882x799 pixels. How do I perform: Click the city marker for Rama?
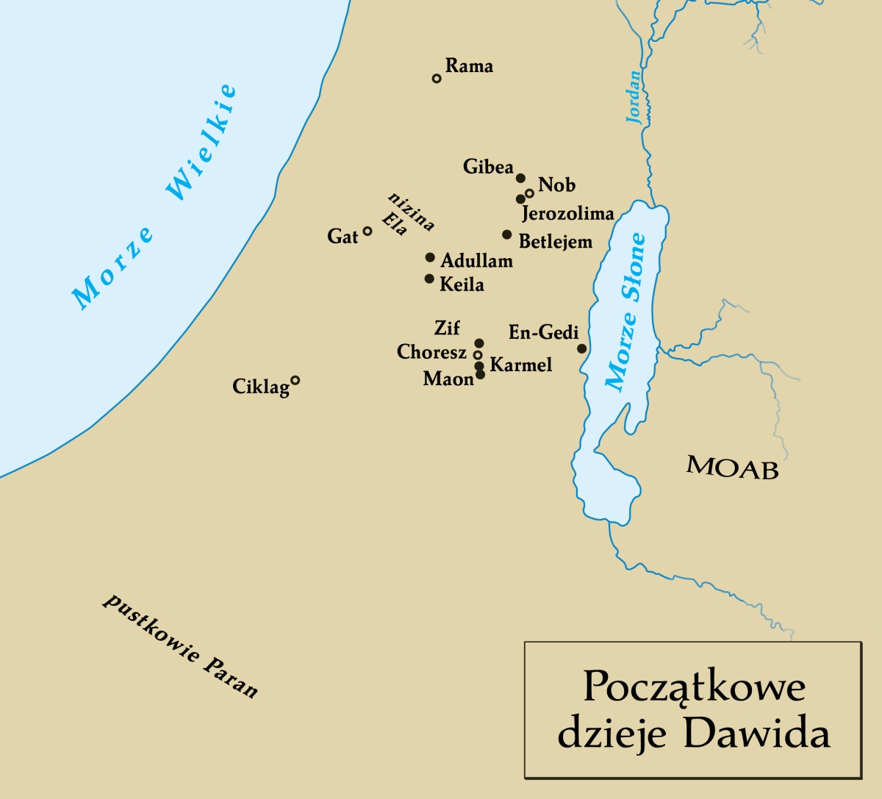click(437, 78)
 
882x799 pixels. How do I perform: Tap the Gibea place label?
click(488, 168)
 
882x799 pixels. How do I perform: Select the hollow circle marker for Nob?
click(529, 193)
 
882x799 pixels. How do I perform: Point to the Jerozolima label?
click(567, 214)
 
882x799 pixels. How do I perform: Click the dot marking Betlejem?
click(506, 234)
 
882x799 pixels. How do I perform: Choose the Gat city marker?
click(367, 231)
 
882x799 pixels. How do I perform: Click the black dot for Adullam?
click(430, 257)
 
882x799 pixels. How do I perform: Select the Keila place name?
click(462, 284)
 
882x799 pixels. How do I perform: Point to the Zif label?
click(447, 328)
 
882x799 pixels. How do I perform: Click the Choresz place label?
click(431, 353)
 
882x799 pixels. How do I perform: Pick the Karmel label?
click(520, 365)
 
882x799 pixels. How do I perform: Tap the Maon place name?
click(448, 379)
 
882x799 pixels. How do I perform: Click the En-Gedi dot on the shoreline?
click(581, 348)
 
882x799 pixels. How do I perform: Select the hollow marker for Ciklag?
click(295, 380)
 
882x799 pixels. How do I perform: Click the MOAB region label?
click(732, 467)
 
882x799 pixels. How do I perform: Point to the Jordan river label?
click(633, 96)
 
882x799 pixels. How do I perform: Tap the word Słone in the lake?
click(634, 267)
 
